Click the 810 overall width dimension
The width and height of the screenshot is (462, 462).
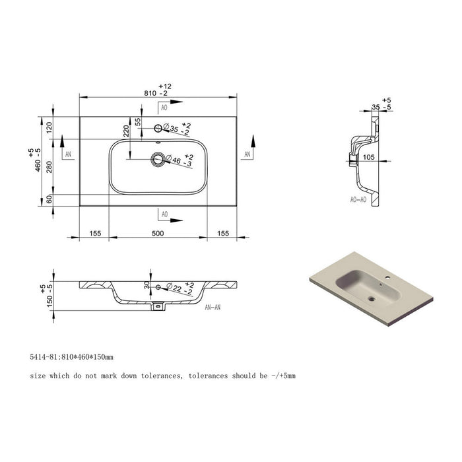point(150,93)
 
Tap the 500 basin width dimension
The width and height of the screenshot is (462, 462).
point(158,234)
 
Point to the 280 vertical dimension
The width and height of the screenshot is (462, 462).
point(49,167)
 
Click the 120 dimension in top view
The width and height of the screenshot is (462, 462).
point(49,127)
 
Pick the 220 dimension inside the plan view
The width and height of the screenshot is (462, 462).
point(126,131)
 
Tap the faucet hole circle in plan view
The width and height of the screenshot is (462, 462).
point(158,128)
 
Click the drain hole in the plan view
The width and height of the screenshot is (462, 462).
point(158,160)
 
